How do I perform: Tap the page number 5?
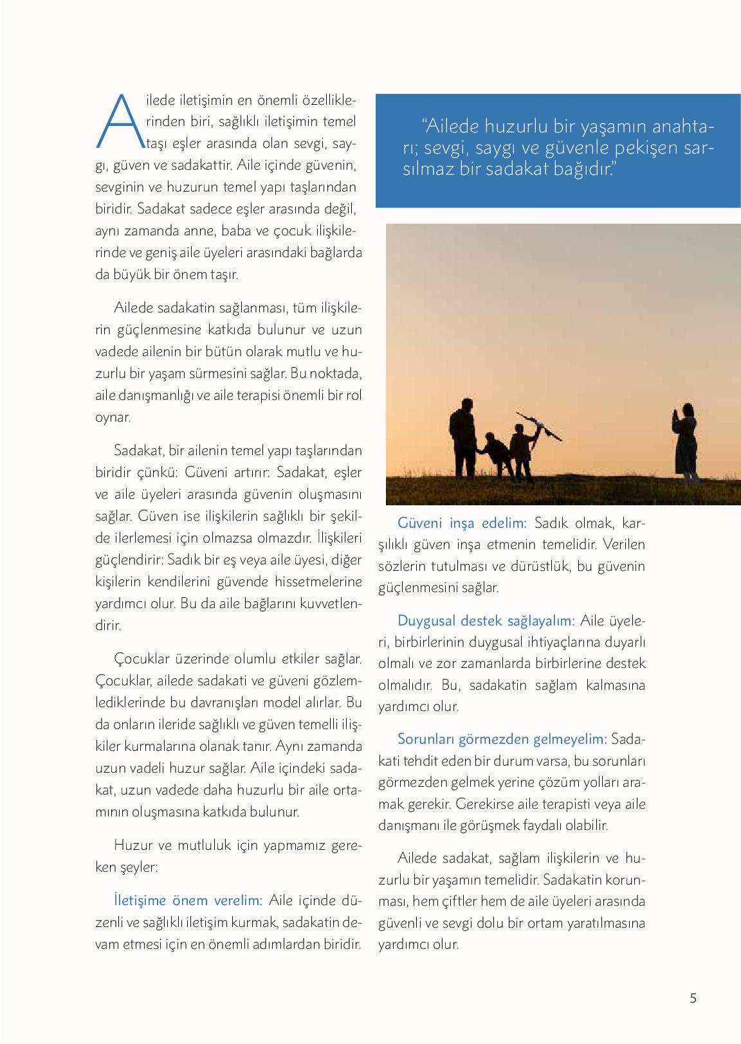click(693, 998)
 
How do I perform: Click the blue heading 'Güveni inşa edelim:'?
click(462, 523)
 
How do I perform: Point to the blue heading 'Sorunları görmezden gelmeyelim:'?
click(502, 739)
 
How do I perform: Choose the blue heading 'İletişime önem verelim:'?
click(187, 900)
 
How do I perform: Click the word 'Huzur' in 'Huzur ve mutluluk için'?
click(133, 845)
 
